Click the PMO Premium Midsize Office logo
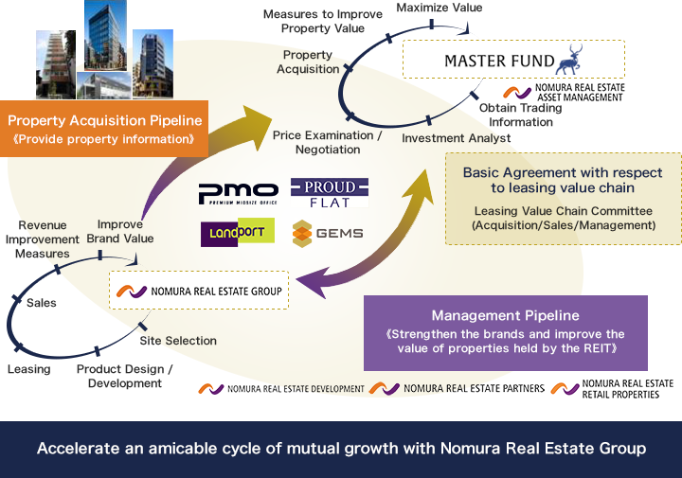pos(238,193)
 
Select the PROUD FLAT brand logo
pos(329,193)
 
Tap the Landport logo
pos(237,232)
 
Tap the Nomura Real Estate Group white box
pos(199,292)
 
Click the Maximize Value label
pos(439,9)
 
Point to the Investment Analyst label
pos(456,138)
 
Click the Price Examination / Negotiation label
pos(327,143)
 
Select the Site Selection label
pos(178,341)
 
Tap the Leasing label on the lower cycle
pos(28,369)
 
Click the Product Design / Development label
pos(125,377)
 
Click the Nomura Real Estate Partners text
pos(473,389)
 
